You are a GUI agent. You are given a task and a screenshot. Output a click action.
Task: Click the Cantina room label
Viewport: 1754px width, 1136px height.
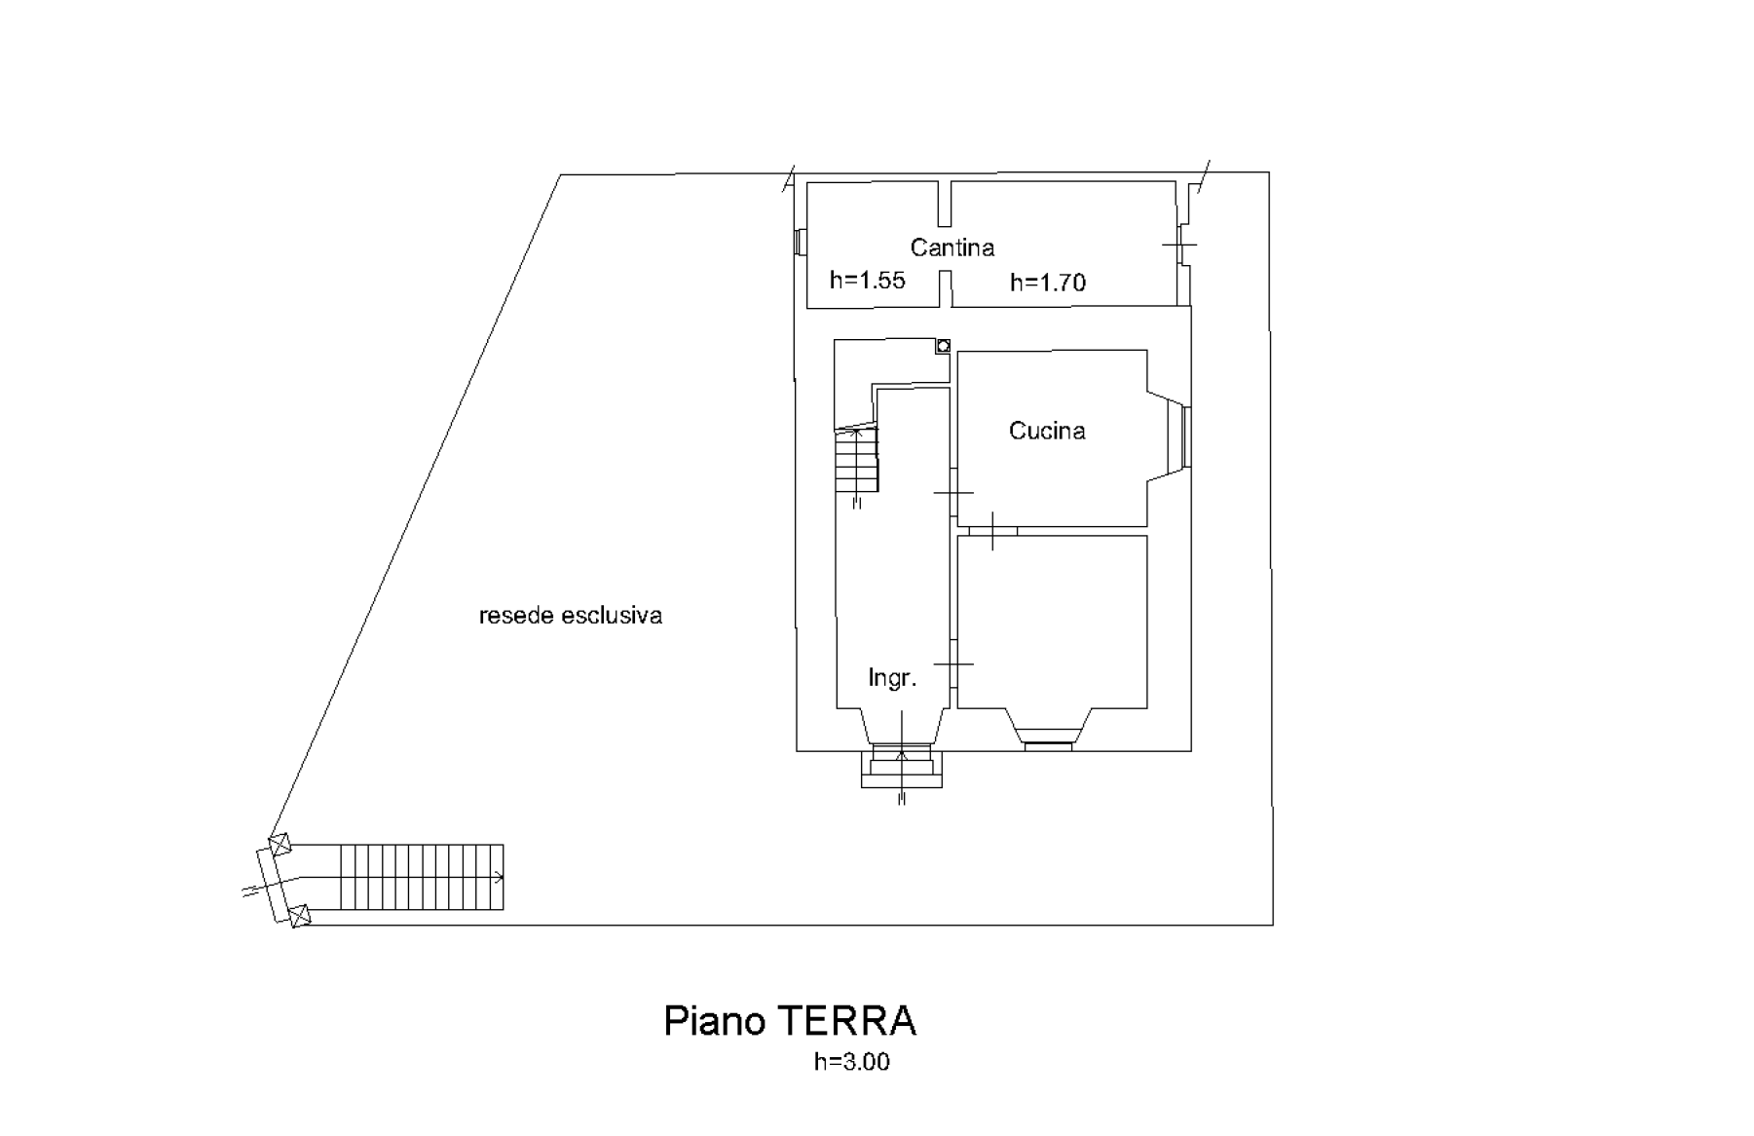coord(952,247)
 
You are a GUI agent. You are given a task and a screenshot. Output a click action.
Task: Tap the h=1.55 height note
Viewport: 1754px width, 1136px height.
coord(867,281)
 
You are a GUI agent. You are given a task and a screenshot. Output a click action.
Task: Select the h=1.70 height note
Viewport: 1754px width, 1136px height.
coord(1048,283)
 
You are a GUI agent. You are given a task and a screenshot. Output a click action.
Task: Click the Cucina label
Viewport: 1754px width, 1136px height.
coord(1047,431)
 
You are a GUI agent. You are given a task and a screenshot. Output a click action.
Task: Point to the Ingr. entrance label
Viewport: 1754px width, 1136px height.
coord(892,678)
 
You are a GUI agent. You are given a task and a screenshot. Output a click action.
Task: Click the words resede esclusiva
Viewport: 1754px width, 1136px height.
coord(571,616)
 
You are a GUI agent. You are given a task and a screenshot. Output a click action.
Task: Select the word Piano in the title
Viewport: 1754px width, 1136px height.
coord(715,1022)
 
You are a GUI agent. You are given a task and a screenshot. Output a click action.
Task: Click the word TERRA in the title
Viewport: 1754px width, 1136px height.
coord(846,1021)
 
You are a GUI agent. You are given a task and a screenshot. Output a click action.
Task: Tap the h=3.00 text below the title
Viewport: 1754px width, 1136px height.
coord(852,1062)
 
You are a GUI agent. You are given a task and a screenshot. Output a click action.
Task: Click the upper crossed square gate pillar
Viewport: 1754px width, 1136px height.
coord(280,844)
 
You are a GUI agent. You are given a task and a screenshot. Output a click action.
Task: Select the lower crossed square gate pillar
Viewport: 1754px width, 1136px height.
coord(300,916)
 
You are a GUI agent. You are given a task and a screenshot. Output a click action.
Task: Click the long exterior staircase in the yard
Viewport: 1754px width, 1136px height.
coord(422,878)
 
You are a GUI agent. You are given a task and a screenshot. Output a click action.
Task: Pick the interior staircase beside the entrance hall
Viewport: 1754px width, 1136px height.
coord(857,461)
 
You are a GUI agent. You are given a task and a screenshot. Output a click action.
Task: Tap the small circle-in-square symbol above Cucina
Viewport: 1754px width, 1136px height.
coord(943,345)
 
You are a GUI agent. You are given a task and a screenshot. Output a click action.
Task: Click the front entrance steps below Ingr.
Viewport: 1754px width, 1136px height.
coord(902,766)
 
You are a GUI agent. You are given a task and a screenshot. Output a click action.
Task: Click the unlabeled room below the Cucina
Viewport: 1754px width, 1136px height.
coord(1052,622)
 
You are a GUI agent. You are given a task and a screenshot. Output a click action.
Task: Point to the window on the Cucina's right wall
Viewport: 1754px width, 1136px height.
coord(1186,436)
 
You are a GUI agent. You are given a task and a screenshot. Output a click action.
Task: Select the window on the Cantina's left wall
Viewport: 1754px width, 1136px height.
coord(801,243)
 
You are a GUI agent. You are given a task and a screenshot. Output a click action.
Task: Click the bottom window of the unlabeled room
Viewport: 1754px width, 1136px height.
coord(1048,746)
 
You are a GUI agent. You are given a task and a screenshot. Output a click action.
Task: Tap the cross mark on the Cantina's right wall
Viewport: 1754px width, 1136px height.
coord(1180,245)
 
